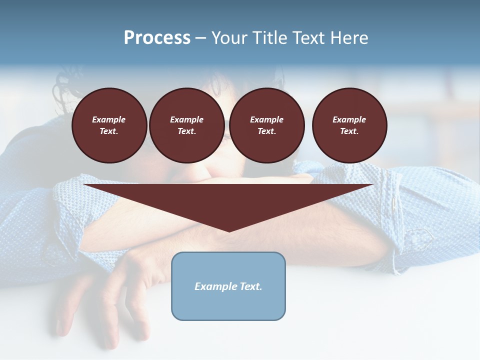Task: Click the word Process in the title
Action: tap(157, 38)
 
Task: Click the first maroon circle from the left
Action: tap(109, 125)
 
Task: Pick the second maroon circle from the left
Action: tap(186, 125)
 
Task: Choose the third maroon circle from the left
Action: tap(266, 125)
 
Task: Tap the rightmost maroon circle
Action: tap(349, 125)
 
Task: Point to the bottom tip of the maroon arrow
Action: tap(229, 230)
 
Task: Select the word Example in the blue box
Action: tap(215, 286)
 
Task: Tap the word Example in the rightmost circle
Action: tap(349, 119)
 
